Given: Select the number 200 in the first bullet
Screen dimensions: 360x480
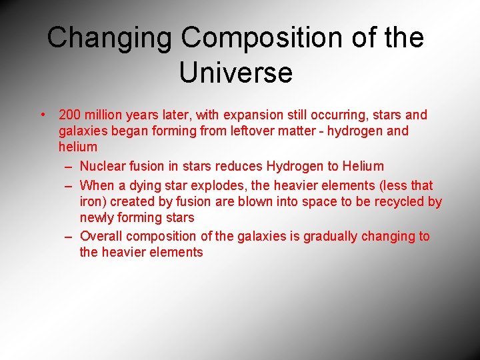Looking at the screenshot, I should click(70, 115).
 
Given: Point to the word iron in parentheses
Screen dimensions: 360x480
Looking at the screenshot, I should click(94, 201).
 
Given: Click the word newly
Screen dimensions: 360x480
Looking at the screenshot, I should click(97, 217).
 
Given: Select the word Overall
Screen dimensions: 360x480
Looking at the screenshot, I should click(101, 236).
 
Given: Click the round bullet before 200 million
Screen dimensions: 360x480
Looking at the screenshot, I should click(43, 115).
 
